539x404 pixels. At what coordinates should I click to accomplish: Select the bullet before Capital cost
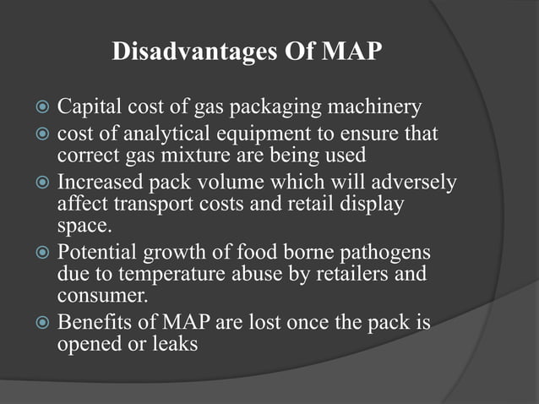[x=40, y=109]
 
